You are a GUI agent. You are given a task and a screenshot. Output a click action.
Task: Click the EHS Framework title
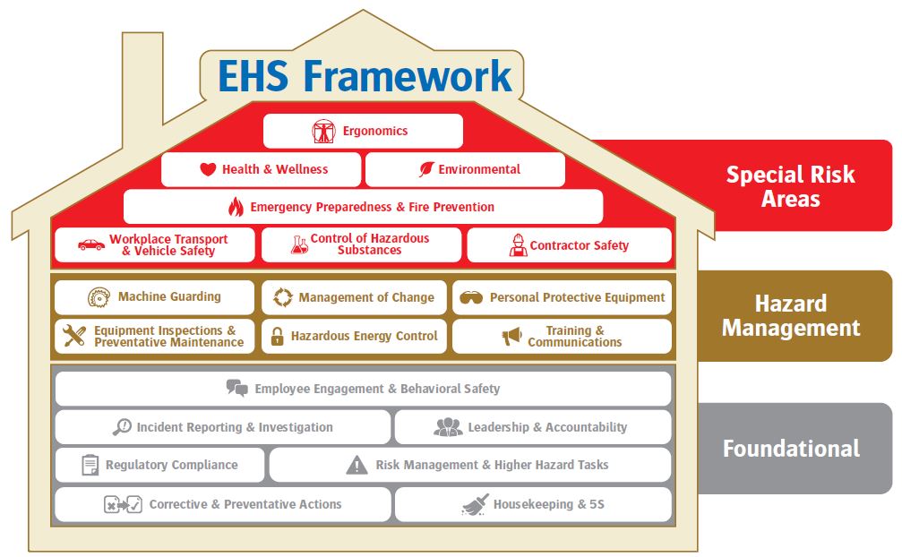tap(365, 76)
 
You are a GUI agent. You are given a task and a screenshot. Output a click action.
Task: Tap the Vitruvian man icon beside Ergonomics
tap(324, 131)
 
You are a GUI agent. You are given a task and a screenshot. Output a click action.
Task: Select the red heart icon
tap(208, 169)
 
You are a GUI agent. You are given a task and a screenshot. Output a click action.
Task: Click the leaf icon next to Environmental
tap(426, 169)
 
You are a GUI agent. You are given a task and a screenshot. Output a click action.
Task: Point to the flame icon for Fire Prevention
tap(236, 206)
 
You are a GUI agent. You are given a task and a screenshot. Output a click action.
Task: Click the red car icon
tap(90, 244)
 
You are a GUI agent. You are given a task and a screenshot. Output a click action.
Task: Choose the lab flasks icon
tap(299, 244)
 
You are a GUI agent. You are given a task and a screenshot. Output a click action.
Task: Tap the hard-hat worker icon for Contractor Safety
tap(518, 244)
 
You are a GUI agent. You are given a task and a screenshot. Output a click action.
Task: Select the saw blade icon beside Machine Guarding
tap(99, 297)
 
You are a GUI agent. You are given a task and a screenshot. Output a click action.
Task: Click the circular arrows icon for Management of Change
tap(283, 297)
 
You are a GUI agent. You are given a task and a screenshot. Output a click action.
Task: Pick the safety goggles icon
tap(471, 297)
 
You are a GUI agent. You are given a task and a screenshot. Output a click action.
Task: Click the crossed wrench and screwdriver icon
tap(74, 336)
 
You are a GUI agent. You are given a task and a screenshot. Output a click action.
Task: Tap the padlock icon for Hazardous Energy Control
tap(278, 337)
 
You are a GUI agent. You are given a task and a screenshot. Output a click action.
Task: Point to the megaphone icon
tap(511, 336)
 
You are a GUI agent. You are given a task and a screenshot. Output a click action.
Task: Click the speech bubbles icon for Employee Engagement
tap(237, 388)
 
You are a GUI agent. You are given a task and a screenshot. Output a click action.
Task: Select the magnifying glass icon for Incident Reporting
tap(122, 426)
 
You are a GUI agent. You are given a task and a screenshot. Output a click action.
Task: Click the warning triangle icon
tap(357, 465)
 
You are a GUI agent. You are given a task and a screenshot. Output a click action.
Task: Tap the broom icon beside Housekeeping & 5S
tap(475, 504)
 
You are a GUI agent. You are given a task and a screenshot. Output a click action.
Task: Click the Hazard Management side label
tap(791, 315)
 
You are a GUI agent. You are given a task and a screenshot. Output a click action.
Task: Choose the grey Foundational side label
tap(792, 449)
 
